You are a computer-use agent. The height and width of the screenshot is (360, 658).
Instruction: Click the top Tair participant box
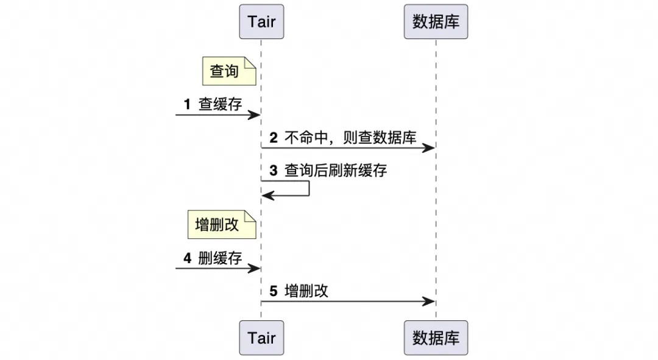click(261, 22)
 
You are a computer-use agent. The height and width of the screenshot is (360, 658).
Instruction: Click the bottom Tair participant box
click(261, 338)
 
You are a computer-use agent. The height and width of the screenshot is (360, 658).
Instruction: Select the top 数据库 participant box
click(436, 22)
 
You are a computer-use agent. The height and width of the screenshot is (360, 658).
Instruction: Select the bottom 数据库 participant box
click(436, 338)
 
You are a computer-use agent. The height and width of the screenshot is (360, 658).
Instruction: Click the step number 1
click(187, 104)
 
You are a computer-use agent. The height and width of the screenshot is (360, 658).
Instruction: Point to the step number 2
click(274, 138)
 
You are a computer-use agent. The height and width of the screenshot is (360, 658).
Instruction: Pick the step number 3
click(274, 171)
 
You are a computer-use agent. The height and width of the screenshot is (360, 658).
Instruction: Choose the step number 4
click(187, 258)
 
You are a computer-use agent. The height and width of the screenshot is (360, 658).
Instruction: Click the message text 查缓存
click(221, 104)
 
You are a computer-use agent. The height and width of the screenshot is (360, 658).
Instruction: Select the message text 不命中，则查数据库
click(350, 138)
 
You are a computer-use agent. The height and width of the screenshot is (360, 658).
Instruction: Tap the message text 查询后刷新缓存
click(336, 171)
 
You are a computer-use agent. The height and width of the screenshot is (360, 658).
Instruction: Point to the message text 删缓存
click(221, 258)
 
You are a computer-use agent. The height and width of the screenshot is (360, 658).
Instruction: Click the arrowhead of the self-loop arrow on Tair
click(267, 195)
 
